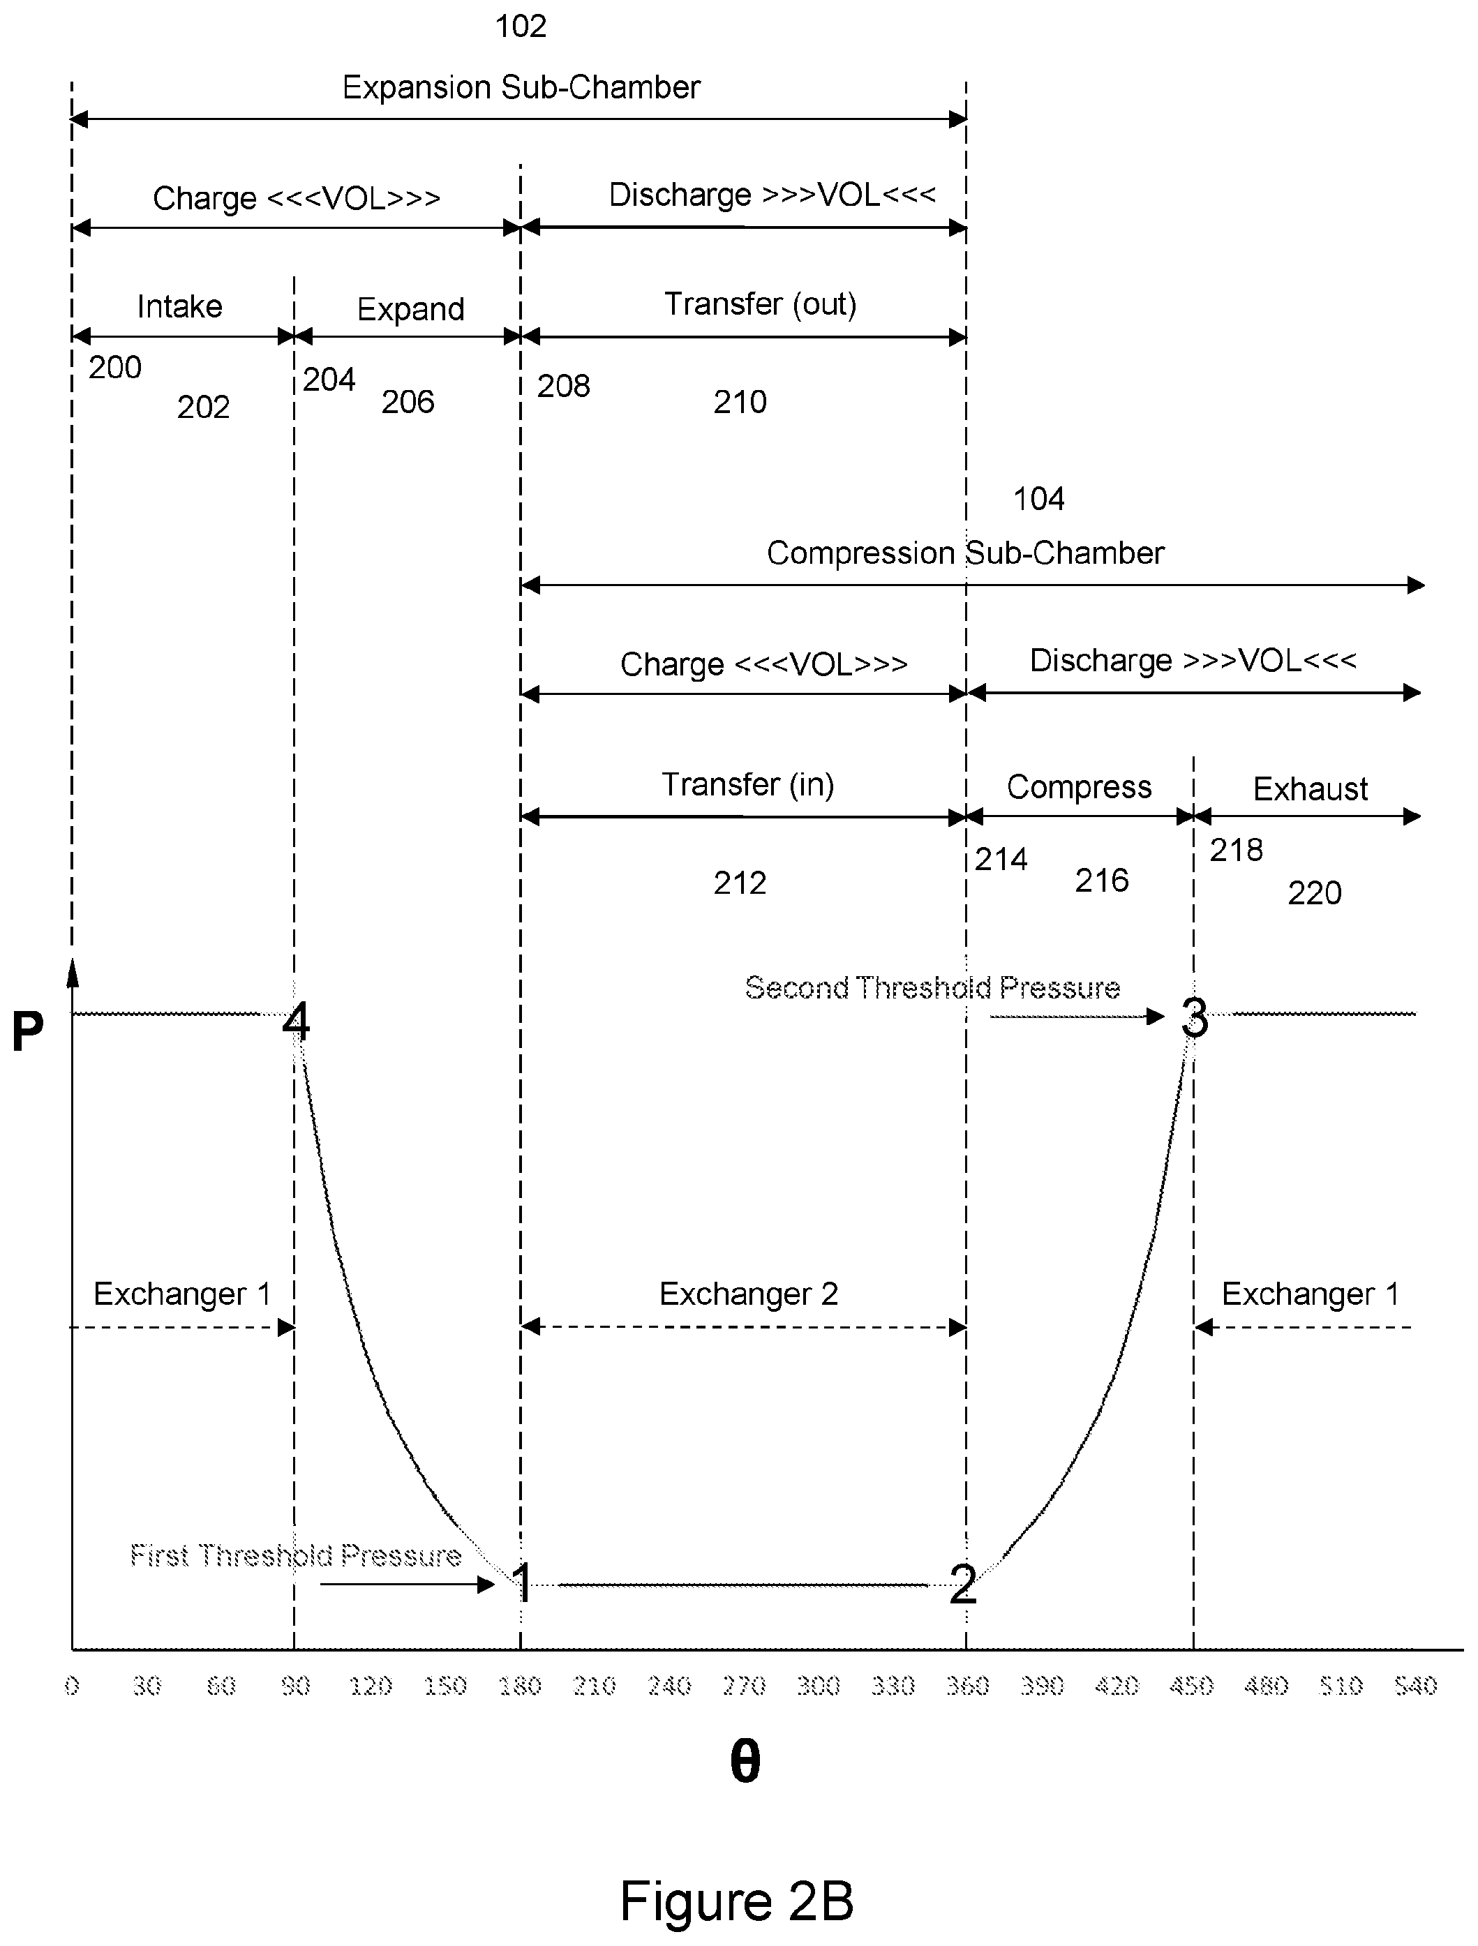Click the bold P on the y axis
point(27,1031)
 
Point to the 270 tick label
point(743,1686)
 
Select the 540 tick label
point(1415,1686)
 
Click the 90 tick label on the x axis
point(296,1686)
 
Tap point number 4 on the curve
point(297,1021)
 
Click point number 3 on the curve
point(1194,1018)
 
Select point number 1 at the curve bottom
point(523,1584)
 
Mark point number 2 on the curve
point(962,1585)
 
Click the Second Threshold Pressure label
point(932,987)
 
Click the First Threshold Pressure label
point(296,1555)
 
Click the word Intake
point(179,306)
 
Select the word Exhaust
point(1310,788)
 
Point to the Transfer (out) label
point(760,304)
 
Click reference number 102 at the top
point(521,27)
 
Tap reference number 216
point(1101,880)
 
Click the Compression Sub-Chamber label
point(965,553)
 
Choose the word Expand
point(411,310)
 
